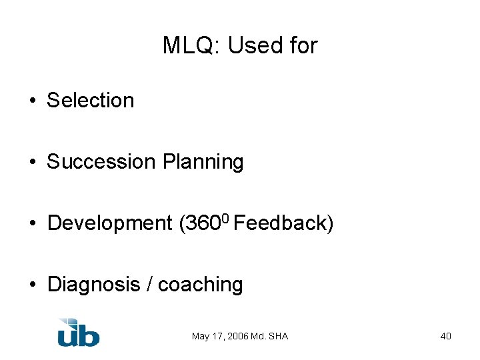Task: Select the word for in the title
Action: coord(303,45)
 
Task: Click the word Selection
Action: coord(91,101)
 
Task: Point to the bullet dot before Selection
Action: coord(32,101)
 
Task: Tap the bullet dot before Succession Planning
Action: coord(32,163)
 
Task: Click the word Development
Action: coord(110,223)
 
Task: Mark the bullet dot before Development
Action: coord(32,224)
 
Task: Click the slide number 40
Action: coord(445,336)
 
